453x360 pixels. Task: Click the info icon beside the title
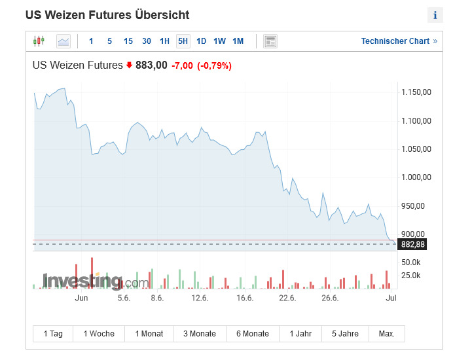[435, 15]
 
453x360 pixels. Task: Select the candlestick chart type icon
[39, 41]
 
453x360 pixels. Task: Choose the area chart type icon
[63, 41]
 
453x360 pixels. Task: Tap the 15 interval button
[128, 41]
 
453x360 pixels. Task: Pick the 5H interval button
[183, 41]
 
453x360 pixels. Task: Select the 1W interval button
[219, 41]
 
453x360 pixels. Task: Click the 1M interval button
[238, 41]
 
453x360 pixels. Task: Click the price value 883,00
[151, 65]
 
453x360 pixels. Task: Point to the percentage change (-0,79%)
[214, 65]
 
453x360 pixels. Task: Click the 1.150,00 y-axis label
[416, 92]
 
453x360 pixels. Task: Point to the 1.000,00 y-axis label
[416, 177]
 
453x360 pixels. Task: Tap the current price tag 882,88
[413, 244]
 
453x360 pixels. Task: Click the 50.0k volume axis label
[410, 262]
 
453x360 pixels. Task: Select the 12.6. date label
[200, 298]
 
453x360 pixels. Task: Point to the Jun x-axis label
[82, 298]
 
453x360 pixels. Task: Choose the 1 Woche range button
[99, 334]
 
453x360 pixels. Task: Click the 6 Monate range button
[252, 334]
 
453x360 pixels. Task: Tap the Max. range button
[387, 334]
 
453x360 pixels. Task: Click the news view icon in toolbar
[270, 41]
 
